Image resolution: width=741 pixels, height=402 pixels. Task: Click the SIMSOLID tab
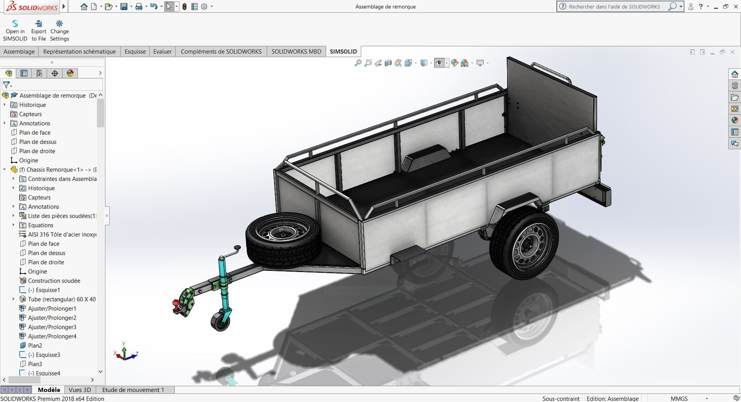coord(343,51)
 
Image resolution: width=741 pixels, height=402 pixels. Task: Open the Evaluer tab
coord(162,51)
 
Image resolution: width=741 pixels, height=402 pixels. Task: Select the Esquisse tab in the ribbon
coord(135,51)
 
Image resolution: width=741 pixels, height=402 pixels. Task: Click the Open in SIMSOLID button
coord(15,30)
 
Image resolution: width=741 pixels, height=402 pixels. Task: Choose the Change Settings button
coord(59,30)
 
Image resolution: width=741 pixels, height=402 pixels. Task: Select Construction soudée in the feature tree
coord(54,280)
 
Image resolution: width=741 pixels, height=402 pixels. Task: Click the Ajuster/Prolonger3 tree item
coord(52,327)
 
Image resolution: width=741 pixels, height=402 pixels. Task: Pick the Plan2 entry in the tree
coord(35,345)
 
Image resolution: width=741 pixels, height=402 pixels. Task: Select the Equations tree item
coord(41,225)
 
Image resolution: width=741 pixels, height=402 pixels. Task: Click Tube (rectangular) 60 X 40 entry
coord(62,299)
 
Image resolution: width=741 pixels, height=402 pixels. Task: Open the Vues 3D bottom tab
coord(80,390)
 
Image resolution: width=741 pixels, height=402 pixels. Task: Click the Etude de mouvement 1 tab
coord(133,390)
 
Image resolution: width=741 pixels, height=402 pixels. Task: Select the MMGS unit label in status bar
coord(679,399)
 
